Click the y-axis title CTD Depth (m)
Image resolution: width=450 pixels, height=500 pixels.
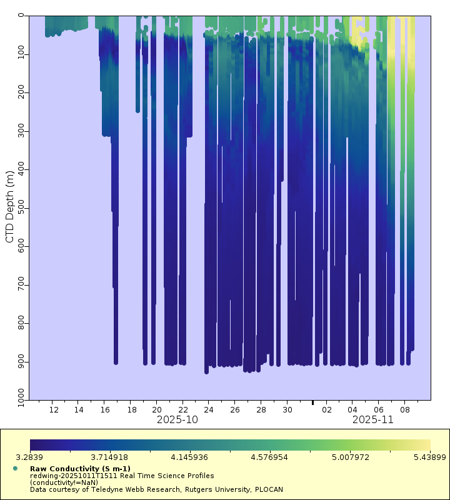click(9, 207)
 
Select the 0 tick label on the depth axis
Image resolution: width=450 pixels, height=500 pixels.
click(20, 16)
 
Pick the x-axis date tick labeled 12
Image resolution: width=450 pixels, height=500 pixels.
click(54, 410)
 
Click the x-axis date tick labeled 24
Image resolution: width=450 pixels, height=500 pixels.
click(209, 410)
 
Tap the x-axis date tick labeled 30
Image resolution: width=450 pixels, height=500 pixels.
click(287, 410)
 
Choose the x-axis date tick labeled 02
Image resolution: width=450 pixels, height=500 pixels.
click(326, 410)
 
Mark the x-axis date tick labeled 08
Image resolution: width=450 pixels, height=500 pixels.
click(404, 410)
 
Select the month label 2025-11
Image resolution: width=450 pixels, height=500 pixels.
click(372, 420)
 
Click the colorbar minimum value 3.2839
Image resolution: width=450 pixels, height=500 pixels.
click(30, 458)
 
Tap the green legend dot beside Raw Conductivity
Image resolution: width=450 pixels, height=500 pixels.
click(15, 468)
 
